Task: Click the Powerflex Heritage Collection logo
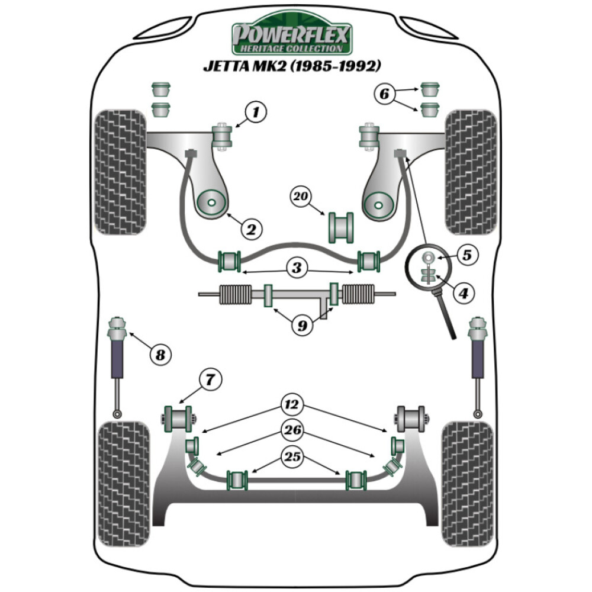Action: click(x=291, y=37)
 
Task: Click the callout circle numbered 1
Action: click(x=256, y=112)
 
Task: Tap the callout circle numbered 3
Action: click(x=297, y=268)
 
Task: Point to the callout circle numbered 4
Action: click(x=464, y=292)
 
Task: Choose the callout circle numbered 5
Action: click(x=467, y=255)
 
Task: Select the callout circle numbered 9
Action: click(x=302, y=326)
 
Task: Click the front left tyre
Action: click(x=120, y=172)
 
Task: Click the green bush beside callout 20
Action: click(x=340, y=226)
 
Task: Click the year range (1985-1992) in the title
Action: click(x=338, y=66)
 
